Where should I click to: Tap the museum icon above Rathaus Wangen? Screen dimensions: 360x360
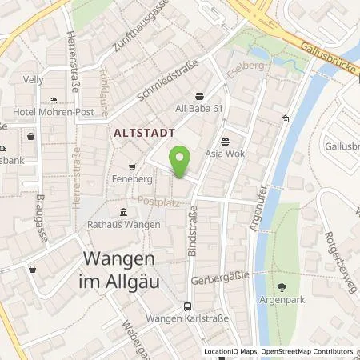(x=122, y=212)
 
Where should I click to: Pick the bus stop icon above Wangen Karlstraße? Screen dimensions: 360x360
(x=187, y=306)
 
